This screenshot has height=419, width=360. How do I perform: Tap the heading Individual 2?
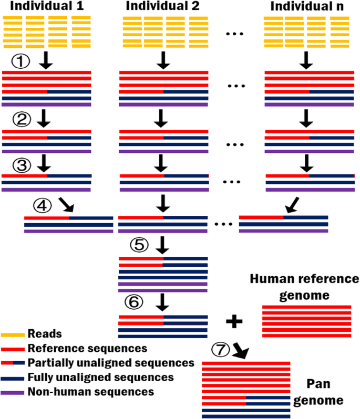point(163,7)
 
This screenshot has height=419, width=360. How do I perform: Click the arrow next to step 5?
point(162,245)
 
